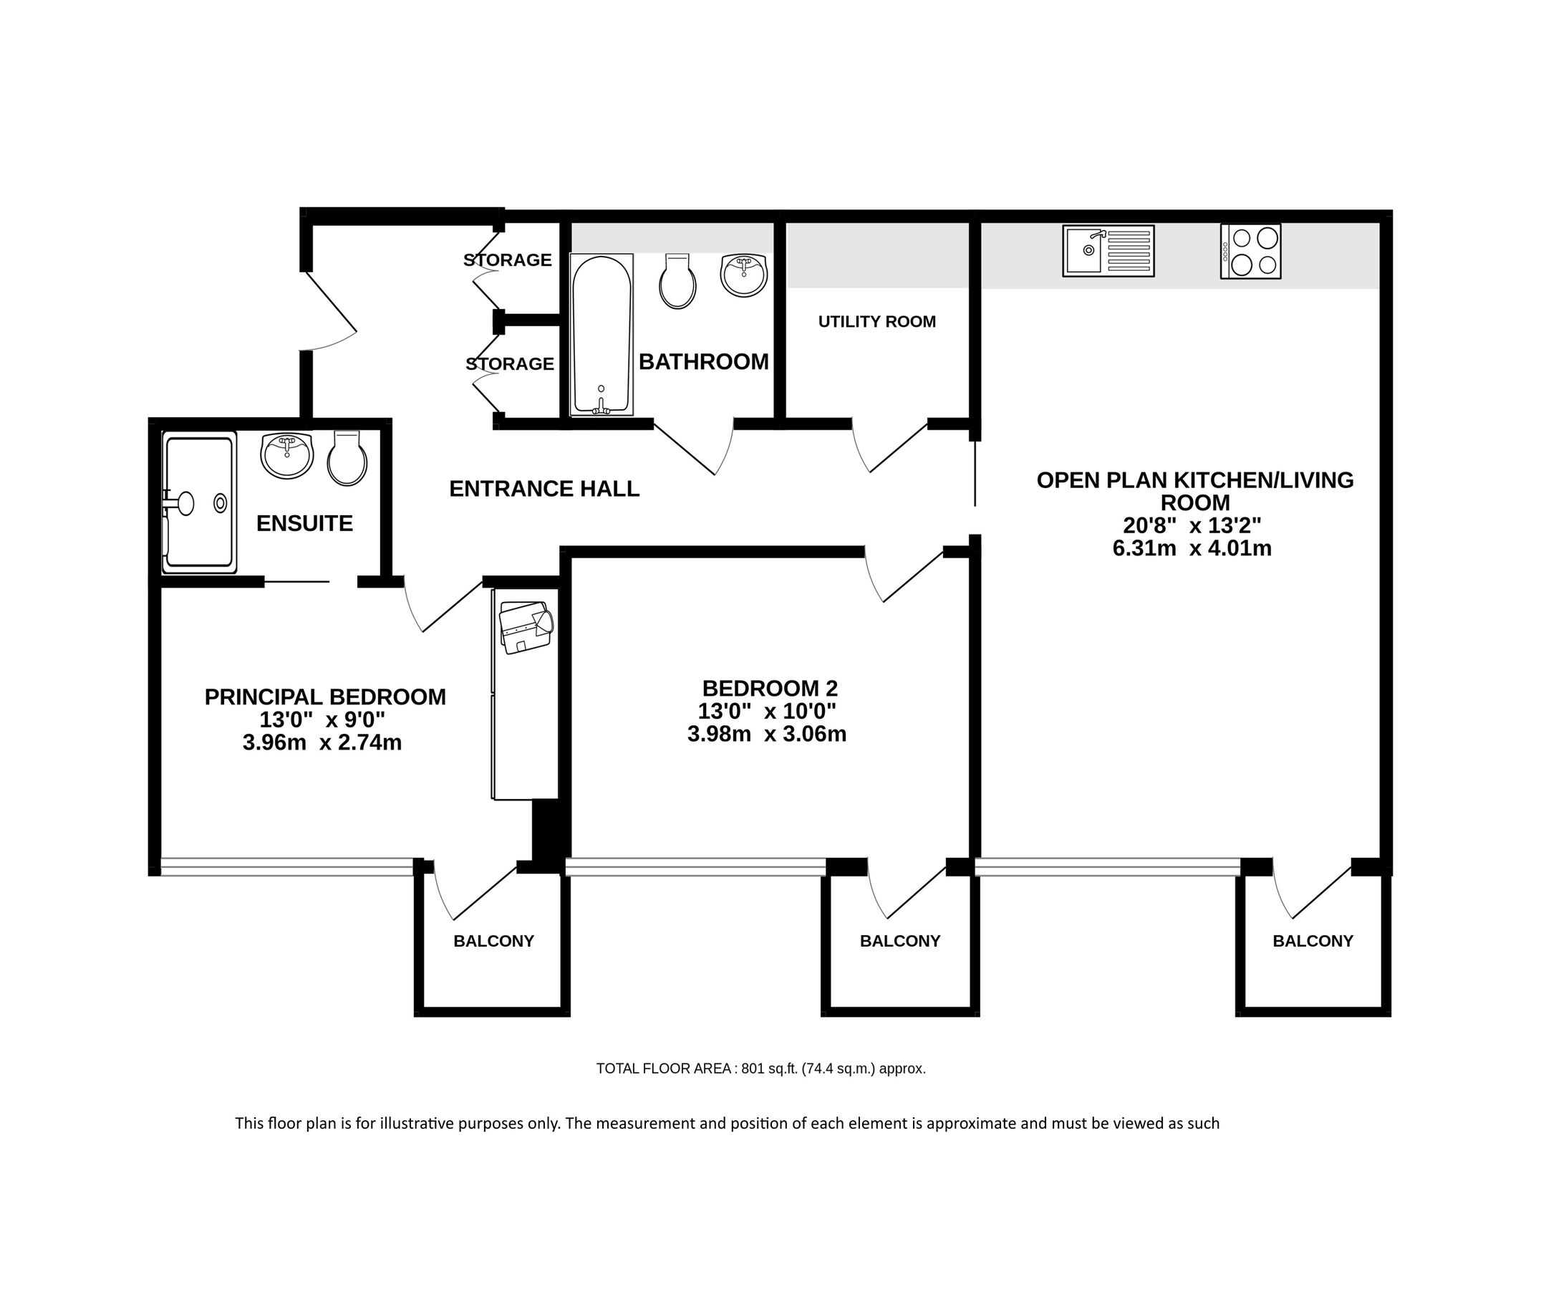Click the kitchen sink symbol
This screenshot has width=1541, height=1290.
tap(1108, 251)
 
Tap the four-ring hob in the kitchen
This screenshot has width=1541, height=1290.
tap(1250, 251)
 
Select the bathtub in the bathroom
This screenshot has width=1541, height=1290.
tap(601, 335)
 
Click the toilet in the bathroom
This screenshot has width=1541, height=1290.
tap(677, 282)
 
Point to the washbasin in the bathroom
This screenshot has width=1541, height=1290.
tap(743, 275)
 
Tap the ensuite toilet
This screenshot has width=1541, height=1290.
tap(347, 459)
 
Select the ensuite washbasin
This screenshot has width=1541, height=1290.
tap(287, 456)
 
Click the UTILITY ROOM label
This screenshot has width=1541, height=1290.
tap(877, 322)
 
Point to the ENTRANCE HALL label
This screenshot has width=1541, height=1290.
tap(544, 489)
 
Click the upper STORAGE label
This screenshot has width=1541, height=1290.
tap(508, 260)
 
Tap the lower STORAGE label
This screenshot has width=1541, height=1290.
tap(510, 364)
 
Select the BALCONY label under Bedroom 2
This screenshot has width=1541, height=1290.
tap(899, 941)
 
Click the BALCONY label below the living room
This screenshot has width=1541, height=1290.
tap(1313, 941)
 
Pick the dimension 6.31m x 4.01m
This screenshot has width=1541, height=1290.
tap(1192, 548)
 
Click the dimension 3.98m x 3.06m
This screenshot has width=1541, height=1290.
tap(767, 734)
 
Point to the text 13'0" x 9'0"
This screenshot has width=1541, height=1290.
tap(322, 720)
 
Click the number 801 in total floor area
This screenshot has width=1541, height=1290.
tap(753, 1069)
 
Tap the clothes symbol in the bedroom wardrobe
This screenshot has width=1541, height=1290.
tap(525, 626)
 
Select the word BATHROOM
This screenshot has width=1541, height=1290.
tap(704, 362)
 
